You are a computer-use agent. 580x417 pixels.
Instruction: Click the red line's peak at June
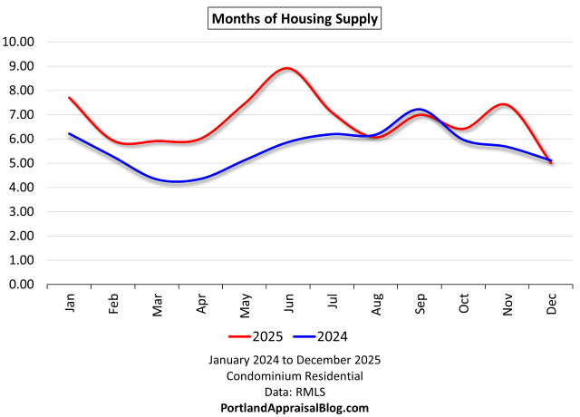click(287, 68)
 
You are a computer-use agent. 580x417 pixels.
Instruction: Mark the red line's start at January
click(69, 97)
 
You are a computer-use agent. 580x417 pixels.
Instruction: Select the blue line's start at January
click(69, 133)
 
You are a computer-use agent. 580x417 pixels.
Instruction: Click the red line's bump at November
click(505, 104)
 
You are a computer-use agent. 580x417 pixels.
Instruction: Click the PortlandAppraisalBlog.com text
click(294, 408)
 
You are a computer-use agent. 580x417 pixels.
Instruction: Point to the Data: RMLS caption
click(294, 392)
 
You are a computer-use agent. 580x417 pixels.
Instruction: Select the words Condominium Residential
click(294, 375)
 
